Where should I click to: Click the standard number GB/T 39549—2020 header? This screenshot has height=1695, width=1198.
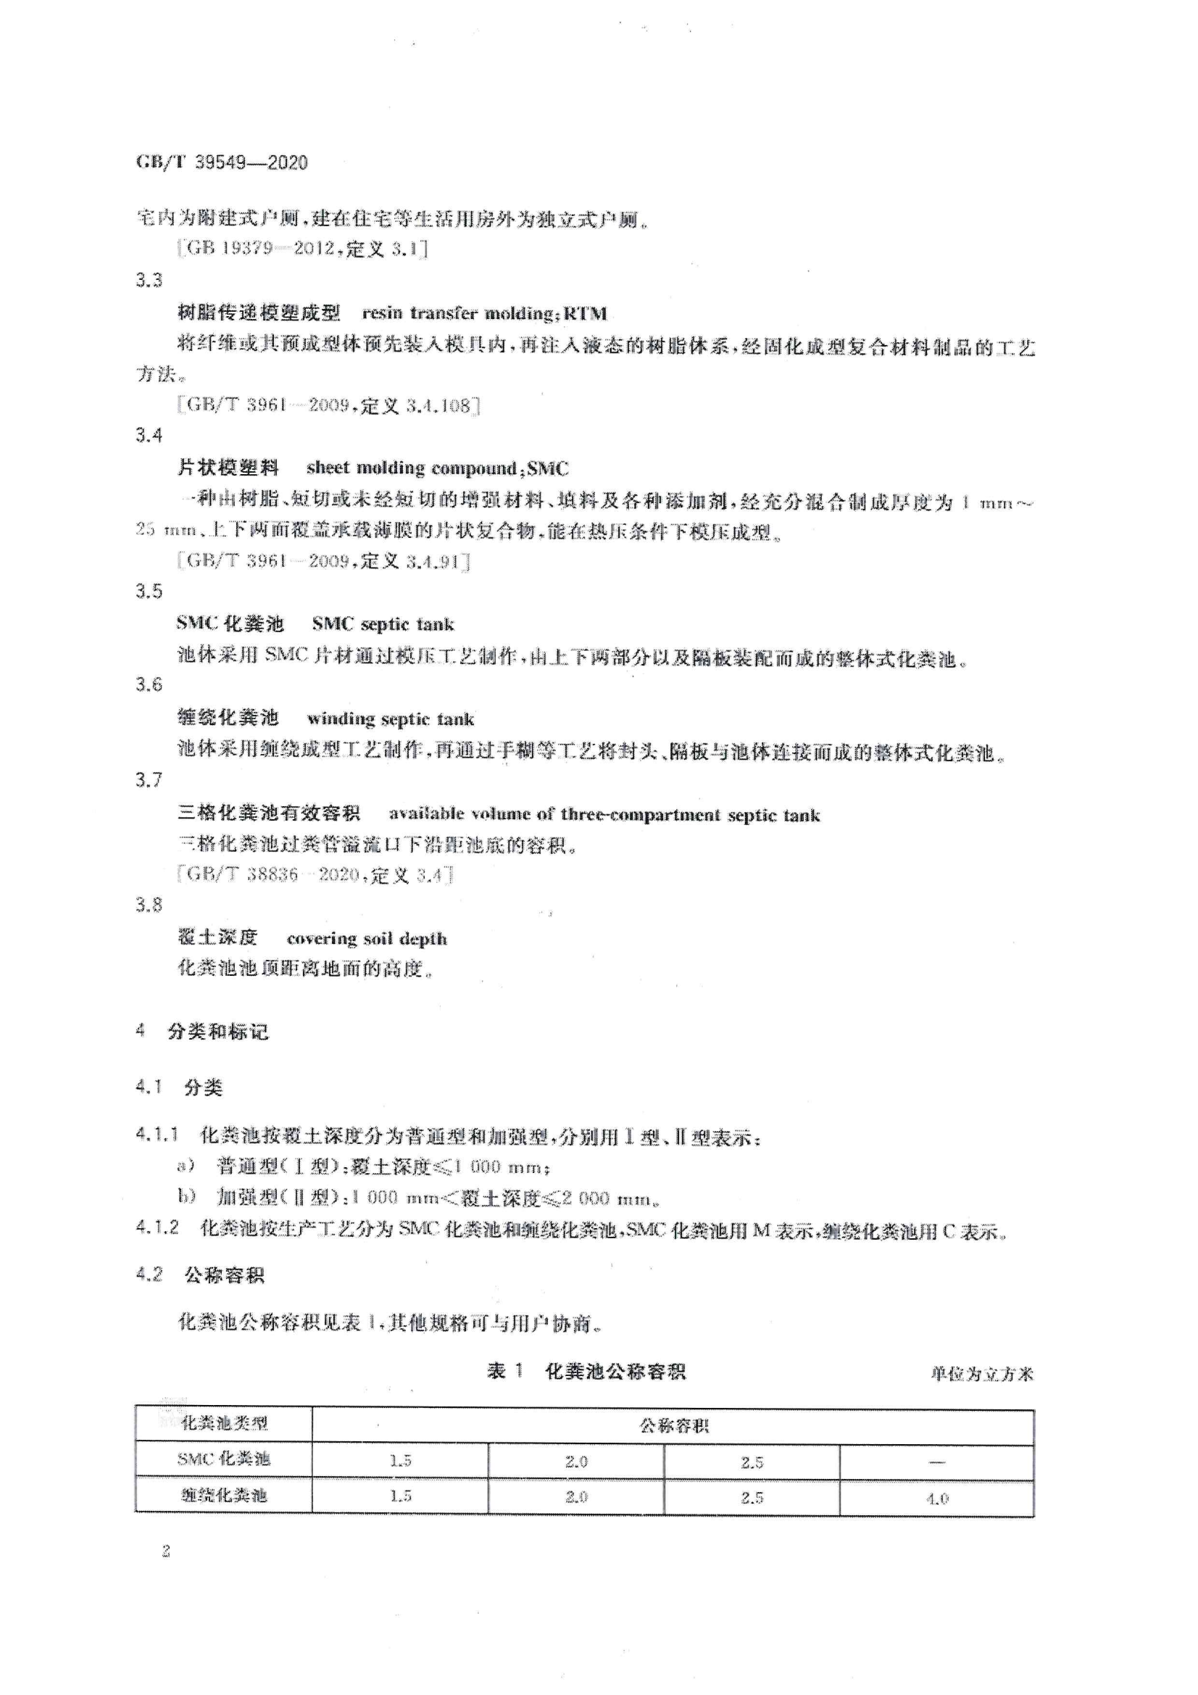[x=222, y=162]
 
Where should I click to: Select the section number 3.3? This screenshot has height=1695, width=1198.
[x=149, y=280]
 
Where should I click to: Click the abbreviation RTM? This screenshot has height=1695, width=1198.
[x=585, y=313]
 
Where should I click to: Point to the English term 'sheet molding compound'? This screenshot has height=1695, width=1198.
[x=412, y=468]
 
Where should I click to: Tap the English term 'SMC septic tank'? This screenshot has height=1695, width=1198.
[x=383, y=623]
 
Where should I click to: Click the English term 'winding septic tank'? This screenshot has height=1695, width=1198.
[x=391, y=718]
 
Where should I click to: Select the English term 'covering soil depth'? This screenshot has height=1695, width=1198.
[x=366, y=938]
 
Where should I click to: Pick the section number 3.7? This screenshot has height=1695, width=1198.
[x=149, y=779]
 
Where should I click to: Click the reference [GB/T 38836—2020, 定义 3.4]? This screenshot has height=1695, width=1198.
[x=315, y=875]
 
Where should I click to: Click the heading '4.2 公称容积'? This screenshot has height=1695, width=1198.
[x=200, y=1275]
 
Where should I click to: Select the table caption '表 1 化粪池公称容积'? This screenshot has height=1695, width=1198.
[x=586, y=1372]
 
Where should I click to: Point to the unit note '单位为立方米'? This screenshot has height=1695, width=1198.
[x=982, y=1374]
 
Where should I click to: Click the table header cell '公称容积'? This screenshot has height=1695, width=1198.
[x=673, y=1425]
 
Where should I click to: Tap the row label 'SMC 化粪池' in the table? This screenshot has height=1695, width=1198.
[x=223, y=1459]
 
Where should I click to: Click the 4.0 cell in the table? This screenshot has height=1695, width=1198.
[x=936, y=1498]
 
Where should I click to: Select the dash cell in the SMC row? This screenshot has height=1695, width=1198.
[x=936, y=1462]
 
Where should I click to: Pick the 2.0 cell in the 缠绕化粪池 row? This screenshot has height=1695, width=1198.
[x=575, y=1496]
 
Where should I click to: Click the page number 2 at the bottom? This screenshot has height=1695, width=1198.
[x=166, y=1551]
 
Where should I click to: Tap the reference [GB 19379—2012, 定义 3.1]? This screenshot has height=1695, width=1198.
[x=303, y=249]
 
